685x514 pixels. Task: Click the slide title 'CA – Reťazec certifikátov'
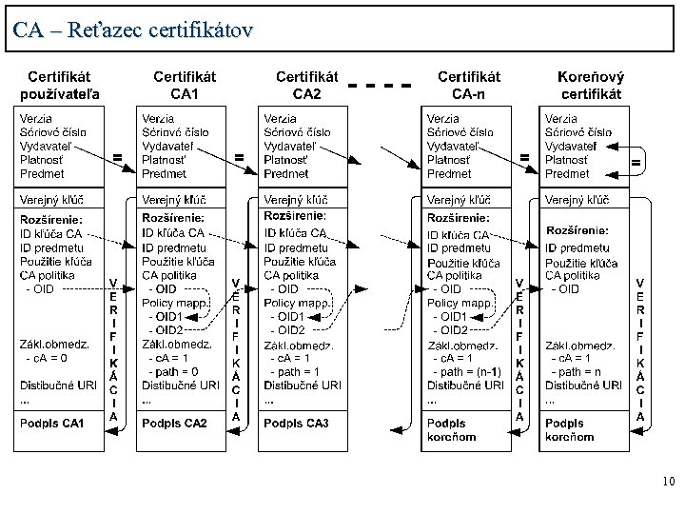[134, 30]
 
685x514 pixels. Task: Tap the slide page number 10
[668, 483]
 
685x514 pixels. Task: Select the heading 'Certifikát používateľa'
[61, 85]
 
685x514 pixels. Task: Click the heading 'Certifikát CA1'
[184, 85]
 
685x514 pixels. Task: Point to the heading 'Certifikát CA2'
[306, 85]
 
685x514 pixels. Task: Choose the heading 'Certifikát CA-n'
[469, 85]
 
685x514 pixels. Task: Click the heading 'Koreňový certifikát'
[591, 85]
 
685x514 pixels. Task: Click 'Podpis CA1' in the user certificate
[52, 423]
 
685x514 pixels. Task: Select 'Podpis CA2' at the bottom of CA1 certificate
[175, 423]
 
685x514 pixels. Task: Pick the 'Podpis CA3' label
[296, 423]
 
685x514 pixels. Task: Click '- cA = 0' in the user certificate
[47, 358]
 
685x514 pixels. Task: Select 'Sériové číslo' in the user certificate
[53, 132]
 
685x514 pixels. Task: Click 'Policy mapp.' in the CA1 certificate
[175, 302]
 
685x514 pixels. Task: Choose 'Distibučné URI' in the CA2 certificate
[303, 385]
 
